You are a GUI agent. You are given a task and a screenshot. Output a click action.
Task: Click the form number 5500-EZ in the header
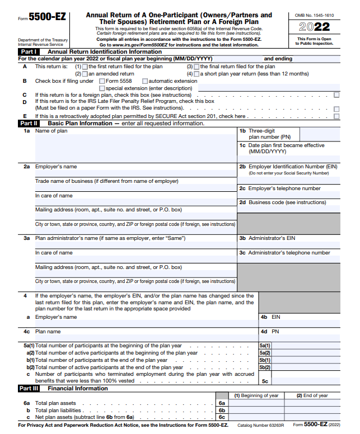46,17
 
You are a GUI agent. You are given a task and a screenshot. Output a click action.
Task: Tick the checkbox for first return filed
85,67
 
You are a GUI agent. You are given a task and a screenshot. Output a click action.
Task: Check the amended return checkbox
85,74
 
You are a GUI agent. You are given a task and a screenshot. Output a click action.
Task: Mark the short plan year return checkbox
197,74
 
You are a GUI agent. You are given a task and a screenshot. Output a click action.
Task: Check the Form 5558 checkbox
102,81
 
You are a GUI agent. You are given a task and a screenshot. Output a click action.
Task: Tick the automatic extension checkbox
145,81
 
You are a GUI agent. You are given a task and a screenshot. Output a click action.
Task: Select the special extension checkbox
102,88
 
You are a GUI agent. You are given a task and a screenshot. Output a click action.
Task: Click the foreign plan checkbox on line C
336,95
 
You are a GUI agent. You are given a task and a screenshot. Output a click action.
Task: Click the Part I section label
29,51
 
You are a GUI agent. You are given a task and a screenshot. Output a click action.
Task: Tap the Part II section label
29,123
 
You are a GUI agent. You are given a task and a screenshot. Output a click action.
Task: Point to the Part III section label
29,388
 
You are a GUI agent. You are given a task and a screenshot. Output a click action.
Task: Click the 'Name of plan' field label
51,131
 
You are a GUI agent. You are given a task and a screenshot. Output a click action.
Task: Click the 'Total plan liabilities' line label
59,410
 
